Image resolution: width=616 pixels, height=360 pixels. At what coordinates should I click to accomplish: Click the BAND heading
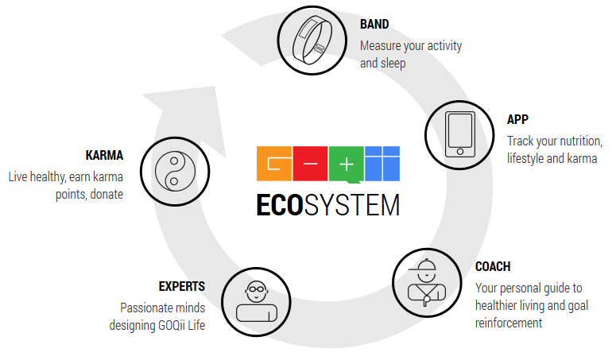pyautogui.click(x=374, y=25)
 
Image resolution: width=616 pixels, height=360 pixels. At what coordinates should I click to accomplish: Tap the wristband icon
pyautogui.click(x=312, y=41)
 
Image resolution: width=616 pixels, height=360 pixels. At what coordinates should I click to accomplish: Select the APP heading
pyautogui.click(x=517, y=119)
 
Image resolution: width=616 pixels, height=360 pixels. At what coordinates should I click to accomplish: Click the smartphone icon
pyautogui.click(x=459, y=134)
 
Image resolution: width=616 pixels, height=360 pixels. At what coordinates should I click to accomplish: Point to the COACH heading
pyautogui.click(x=493, y=266)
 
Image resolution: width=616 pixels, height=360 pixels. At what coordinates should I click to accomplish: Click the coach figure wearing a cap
pyautogui.click(x=427, y=282)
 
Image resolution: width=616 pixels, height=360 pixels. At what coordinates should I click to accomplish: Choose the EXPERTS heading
pyautogui.click(x=182, y=286)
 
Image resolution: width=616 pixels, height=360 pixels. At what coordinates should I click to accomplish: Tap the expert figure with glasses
pyautogui.click(x=257, y=301)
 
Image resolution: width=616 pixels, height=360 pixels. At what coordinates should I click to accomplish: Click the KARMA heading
pyautogui.click(x=104, y=156)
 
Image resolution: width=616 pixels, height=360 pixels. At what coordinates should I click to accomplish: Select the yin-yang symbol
pyautogui.click(x=175, y=171)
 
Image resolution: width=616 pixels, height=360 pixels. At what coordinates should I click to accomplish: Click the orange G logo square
pyautogui.click(x=274, y=164)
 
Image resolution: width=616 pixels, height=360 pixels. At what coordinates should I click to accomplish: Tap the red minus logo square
pyautogui.click(x=310, y=164)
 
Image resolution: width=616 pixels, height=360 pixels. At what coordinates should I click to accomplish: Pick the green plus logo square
pyautogui.click(x=346, y=165)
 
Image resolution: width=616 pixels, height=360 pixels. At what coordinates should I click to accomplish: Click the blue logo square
pyautogui.click(x=382, y=164)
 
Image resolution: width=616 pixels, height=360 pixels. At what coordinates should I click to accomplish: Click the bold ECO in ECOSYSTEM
pyautogui.click(x=280, y=205)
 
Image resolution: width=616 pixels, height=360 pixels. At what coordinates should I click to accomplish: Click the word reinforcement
pyautogui.click(x=509, y=323)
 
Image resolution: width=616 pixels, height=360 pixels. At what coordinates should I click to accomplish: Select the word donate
pyautogui.click(x=107, y=195)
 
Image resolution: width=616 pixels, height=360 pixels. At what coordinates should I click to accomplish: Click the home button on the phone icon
pyautogui.click(x=460, y=152)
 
